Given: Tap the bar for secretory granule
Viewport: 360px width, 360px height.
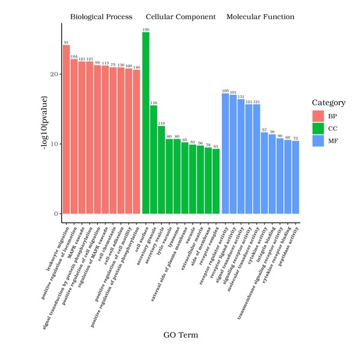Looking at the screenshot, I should (154, 160).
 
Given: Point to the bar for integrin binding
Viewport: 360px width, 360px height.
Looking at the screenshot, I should (272, 174).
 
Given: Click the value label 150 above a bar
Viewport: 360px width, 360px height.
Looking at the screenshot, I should (146, 29).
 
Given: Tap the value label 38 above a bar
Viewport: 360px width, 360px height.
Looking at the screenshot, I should (272, 131).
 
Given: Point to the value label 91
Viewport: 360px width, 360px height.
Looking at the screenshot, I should (67, 43).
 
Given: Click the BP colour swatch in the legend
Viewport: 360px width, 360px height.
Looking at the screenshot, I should (317, 115).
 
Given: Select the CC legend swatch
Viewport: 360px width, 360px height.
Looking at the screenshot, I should (317, 127).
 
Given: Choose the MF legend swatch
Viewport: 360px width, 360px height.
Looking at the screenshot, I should (317, 140).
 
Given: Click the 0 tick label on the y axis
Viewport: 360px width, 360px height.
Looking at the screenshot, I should (55, 214).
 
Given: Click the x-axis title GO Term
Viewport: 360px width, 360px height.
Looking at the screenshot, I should (181, 334).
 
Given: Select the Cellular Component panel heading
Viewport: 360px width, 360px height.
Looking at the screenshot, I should (181, 17).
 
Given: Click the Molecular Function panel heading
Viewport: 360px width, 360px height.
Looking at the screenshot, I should (260, 17).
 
